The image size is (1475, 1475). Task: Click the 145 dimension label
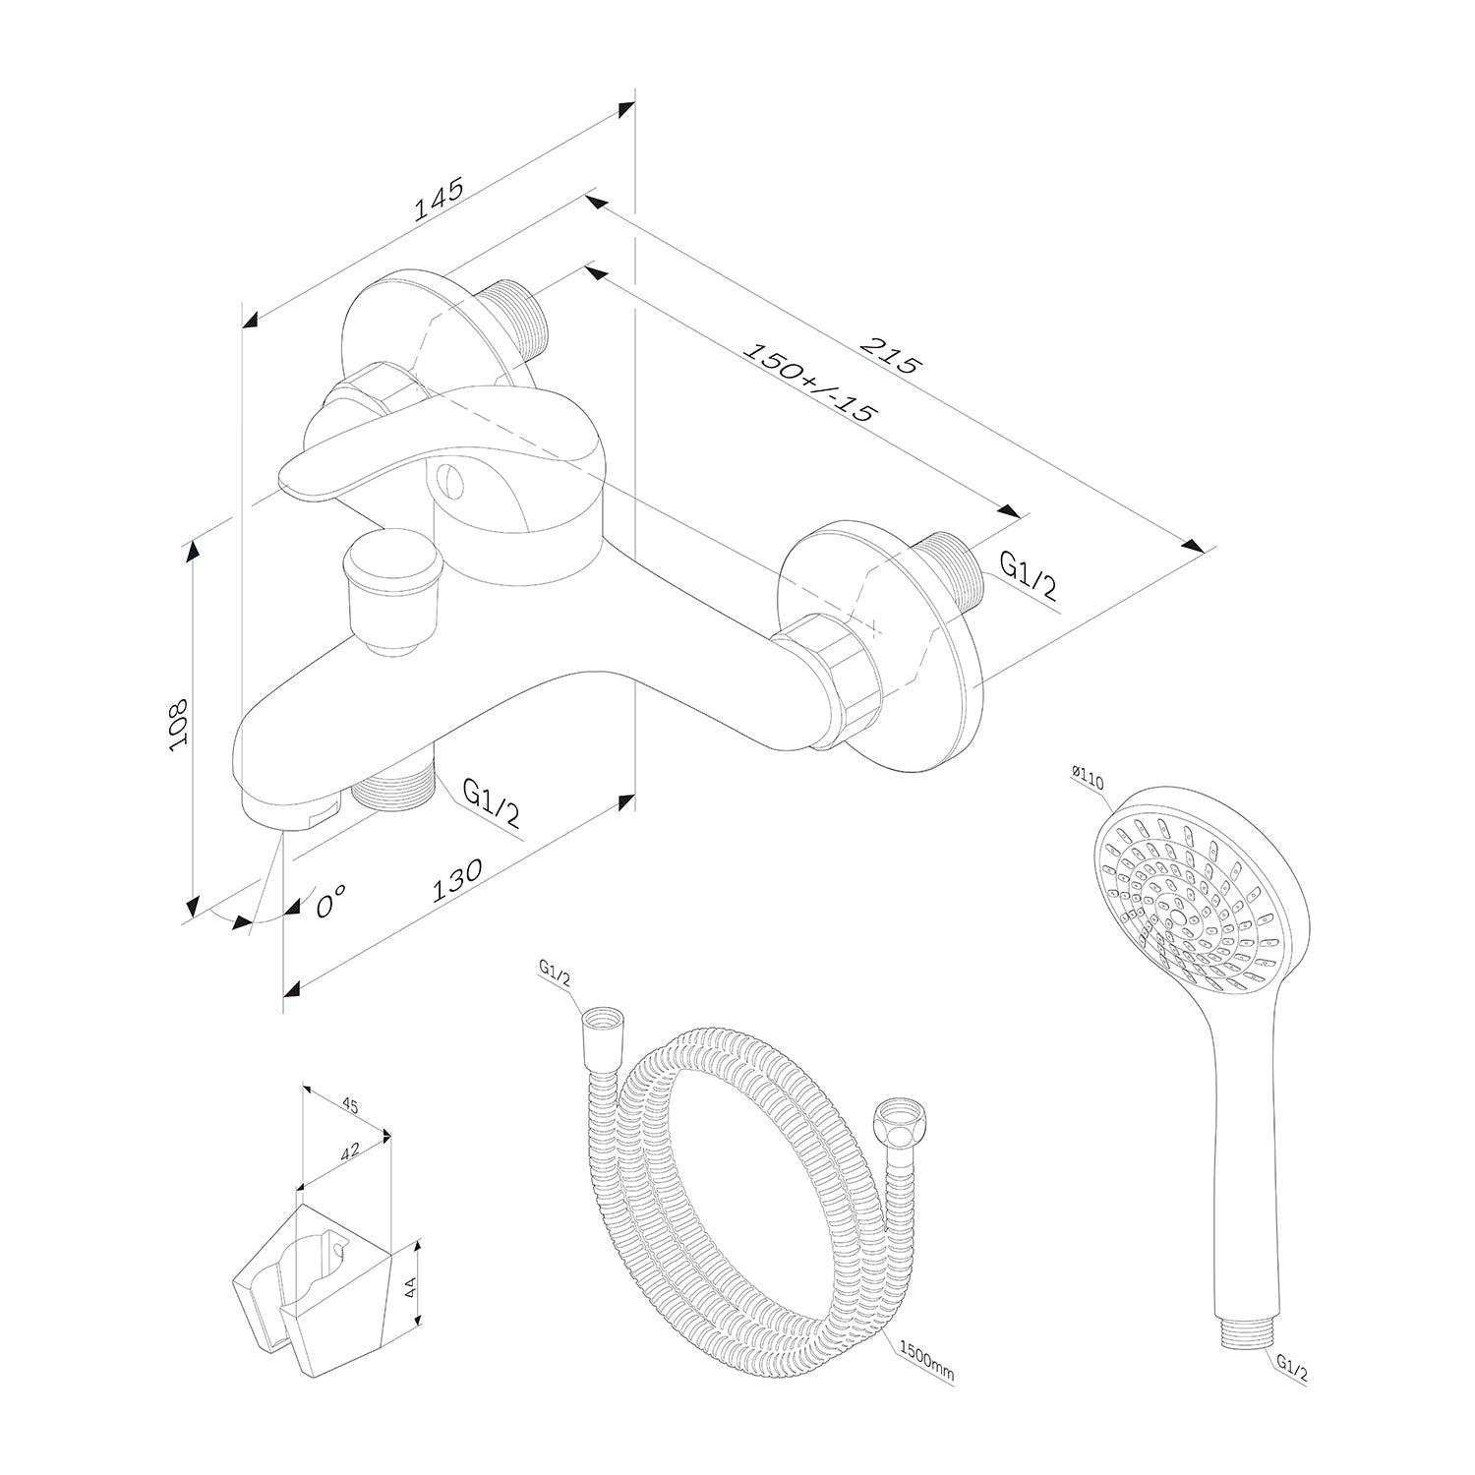click(x=439, y=202)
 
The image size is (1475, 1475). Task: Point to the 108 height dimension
click(x=179, y=726)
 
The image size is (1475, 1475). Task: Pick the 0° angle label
click(x=331, y=900)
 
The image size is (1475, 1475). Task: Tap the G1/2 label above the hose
click(x=555, y=970)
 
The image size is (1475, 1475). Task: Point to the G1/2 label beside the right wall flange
click(x=1029, y=575)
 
